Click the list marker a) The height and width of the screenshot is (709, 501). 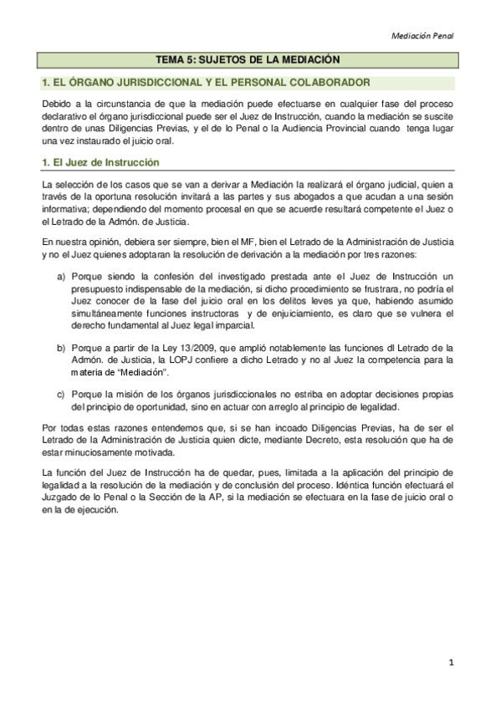[61, 275]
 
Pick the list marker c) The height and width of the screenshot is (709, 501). [61, 393]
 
